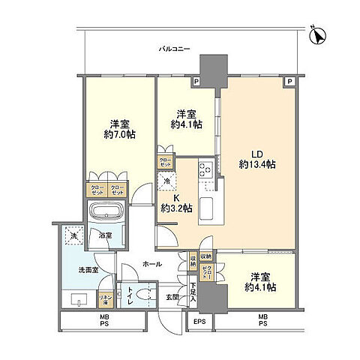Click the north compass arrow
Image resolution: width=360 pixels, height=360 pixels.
click(318, 34)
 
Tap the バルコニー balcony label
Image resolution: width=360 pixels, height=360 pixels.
click(174, 49)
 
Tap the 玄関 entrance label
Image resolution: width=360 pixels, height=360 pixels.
click(172, 295)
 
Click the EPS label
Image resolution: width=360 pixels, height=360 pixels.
click(198, 322)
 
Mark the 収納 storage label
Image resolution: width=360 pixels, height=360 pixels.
click(193, 260)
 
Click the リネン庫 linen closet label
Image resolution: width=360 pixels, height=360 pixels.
click(107, 300)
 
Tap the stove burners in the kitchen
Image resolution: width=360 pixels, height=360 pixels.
click(205, 170)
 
